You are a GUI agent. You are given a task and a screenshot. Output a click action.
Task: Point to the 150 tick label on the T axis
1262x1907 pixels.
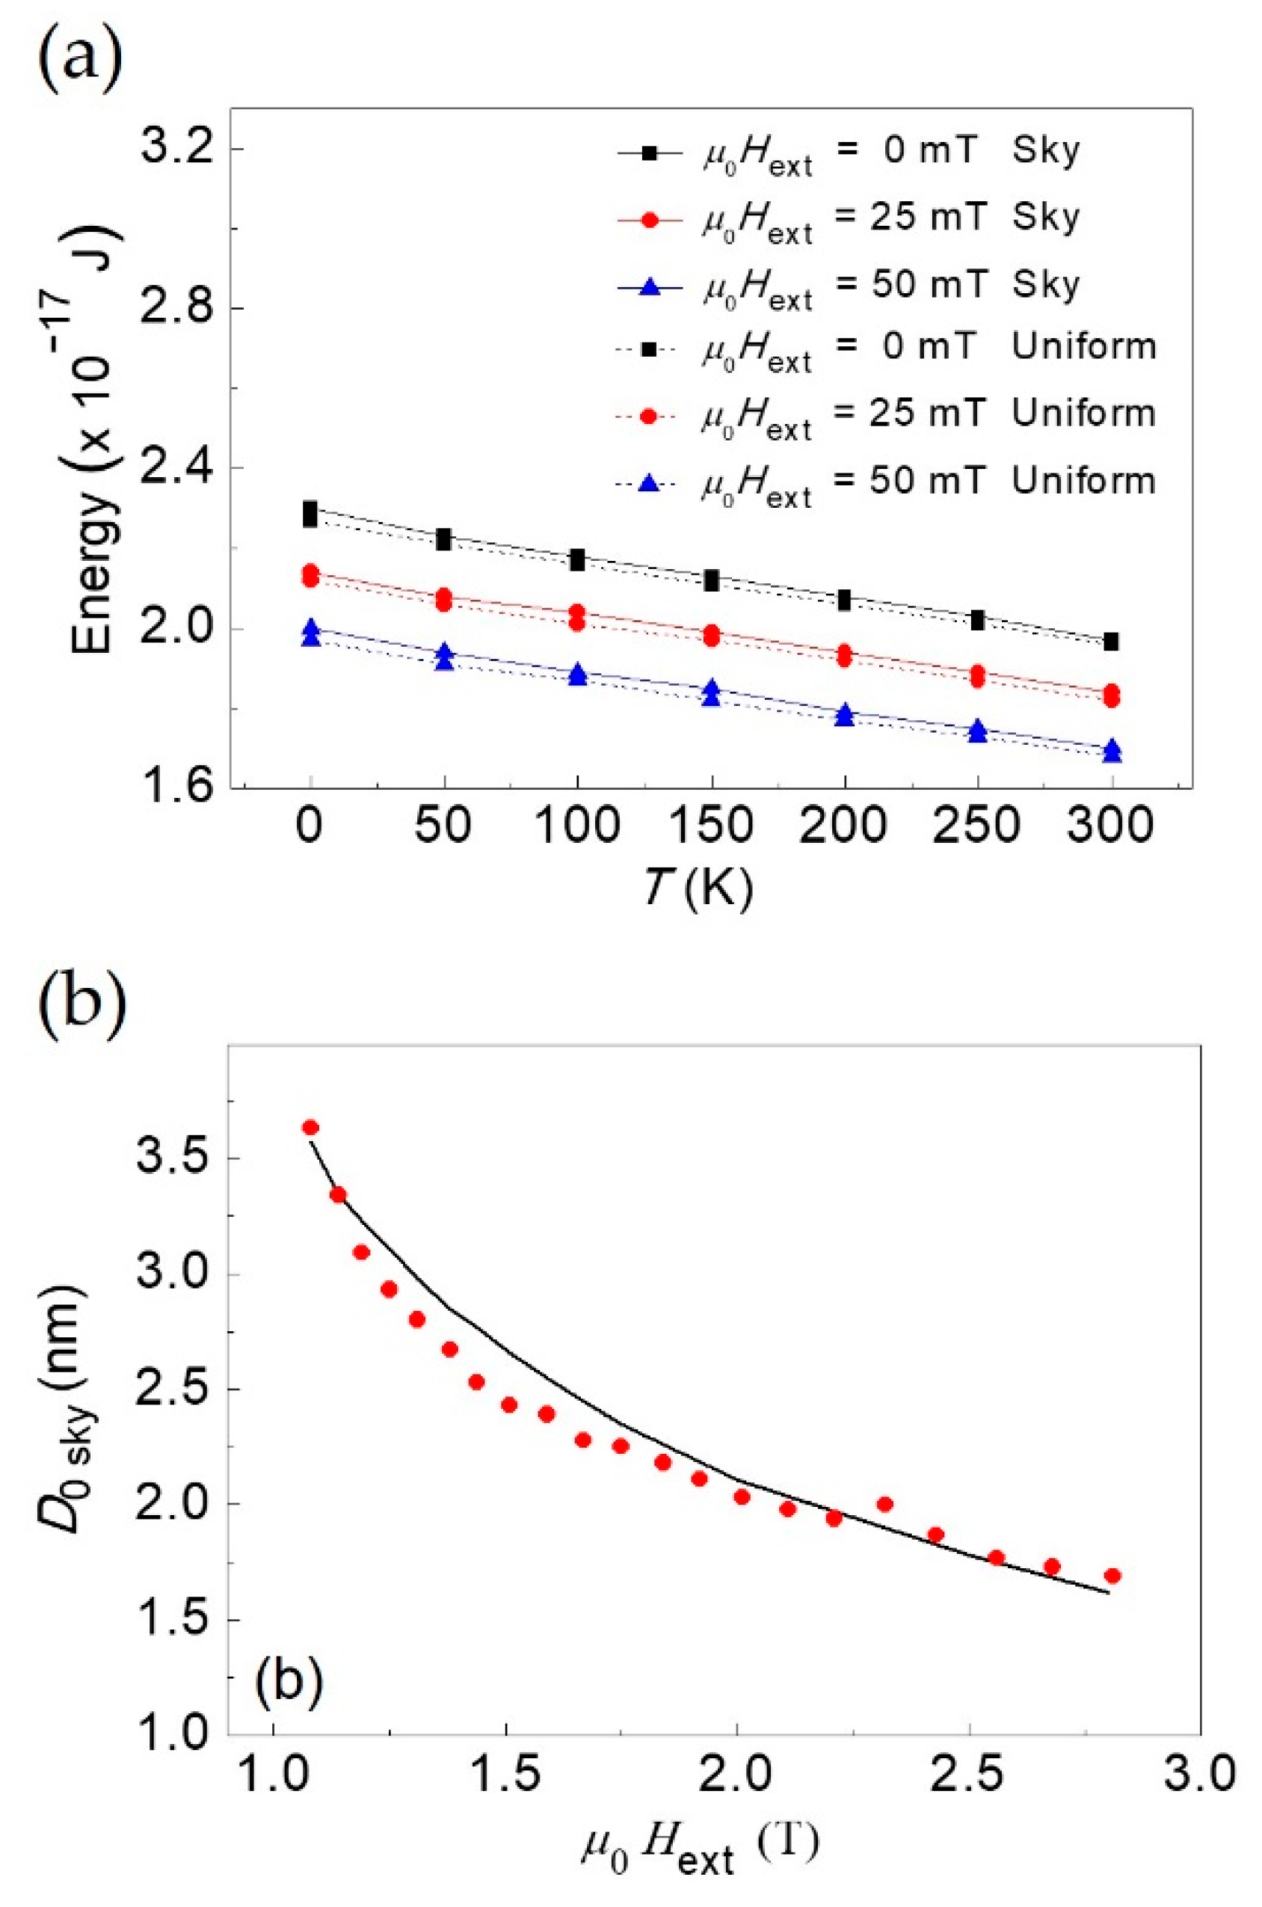tap(711, 825)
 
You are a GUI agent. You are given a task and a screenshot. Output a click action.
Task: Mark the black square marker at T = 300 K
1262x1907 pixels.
tap(1112, 642)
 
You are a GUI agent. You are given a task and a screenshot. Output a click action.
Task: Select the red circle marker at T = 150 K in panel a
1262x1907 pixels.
tap(711, 634)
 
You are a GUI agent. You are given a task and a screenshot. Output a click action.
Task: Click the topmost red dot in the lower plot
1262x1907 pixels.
tap(311, 1128)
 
